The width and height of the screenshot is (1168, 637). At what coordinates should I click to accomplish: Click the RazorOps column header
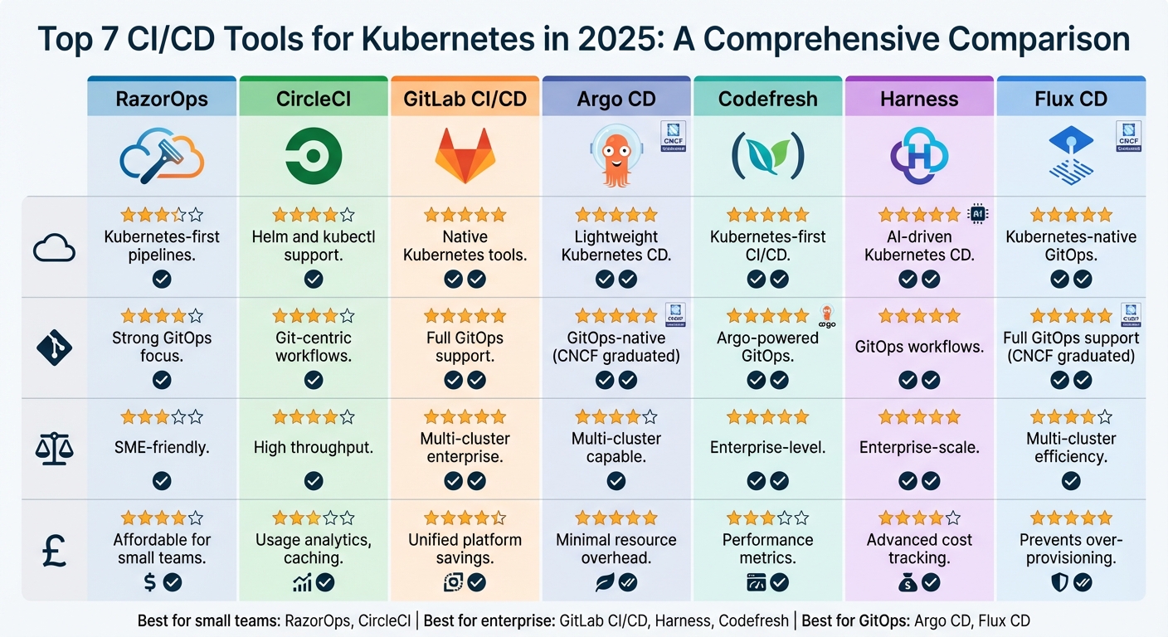(163, 100)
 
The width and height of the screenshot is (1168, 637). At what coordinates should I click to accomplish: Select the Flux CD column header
(1071, 100)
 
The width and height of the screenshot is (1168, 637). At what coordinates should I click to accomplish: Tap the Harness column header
(919, 100)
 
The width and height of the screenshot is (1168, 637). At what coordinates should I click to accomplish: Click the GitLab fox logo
(465, 155)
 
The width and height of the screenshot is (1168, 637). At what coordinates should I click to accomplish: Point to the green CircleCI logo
(314, 155)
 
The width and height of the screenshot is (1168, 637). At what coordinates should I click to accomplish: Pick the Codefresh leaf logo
(767, 155)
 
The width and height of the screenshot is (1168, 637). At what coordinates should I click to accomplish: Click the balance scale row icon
(55, 449)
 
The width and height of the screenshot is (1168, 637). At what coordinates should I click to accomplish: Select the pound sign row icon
(55, 548)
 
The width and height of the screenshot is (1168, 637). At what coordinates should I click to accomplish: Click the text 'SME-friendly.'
(162, 447)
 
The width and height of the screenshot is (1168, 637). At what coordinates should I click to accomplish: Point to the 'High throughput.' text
(314, 447)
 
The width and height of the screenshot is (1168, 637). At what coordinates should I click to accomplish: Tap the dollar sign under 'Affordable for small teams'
(149, 582)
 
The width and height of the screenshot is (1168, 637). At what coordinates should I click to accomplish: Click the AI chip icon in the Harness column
(979, 214)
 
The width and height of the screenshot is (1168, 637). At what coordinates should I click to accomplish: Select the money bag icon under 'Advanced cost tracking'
(907, 582)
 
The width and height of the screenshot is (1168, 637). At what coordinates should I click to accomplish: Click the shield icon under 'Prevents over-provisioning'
(1058, 582)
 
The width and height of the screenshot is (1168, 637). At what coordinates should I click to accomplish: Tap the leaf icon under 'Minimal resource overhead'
(604, 582)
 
